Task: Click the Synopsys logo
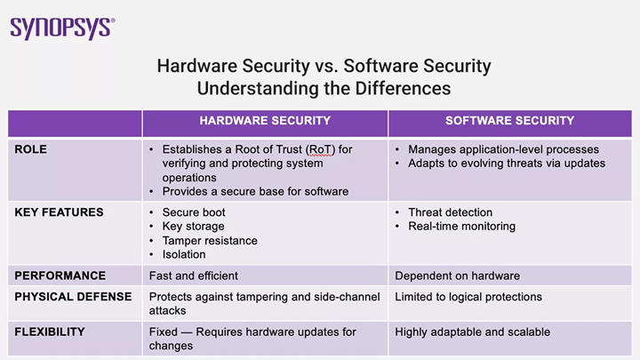tap(62, 28)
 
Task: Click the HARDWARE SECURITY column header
tap(265, 121)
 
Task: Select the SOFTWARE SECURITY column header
tap(510, 121)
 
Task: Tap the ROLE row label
tap(30, 149)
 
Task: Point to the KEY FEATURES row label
tap(59, 212)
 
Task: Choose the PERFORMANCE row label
tap(60, 276)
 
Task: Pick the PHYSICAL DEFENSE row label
tap(73, 297)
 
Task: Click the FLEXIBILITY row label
tap(50, 332)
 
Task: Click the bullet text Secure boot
tap(194, 212)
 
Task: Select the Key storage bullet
tap(194, 227)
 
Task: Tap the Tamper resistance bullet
tap(210, 241)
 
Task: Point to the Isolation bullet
tap(184, 255)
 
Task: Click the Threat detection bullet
tap(450, 212)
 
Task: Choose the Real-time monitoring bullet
tap(461, 227)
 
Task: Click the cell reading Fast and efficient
tap(194, 276)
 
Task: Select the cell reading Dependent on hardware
tap(458, 276)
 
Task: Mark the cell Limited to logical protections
tap(468, 297)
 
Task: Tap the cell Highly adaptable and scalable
tap(473, 332)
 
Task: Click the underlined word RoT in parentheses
tap(320, 150)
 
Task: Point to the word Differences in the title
tap(403, 89)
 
